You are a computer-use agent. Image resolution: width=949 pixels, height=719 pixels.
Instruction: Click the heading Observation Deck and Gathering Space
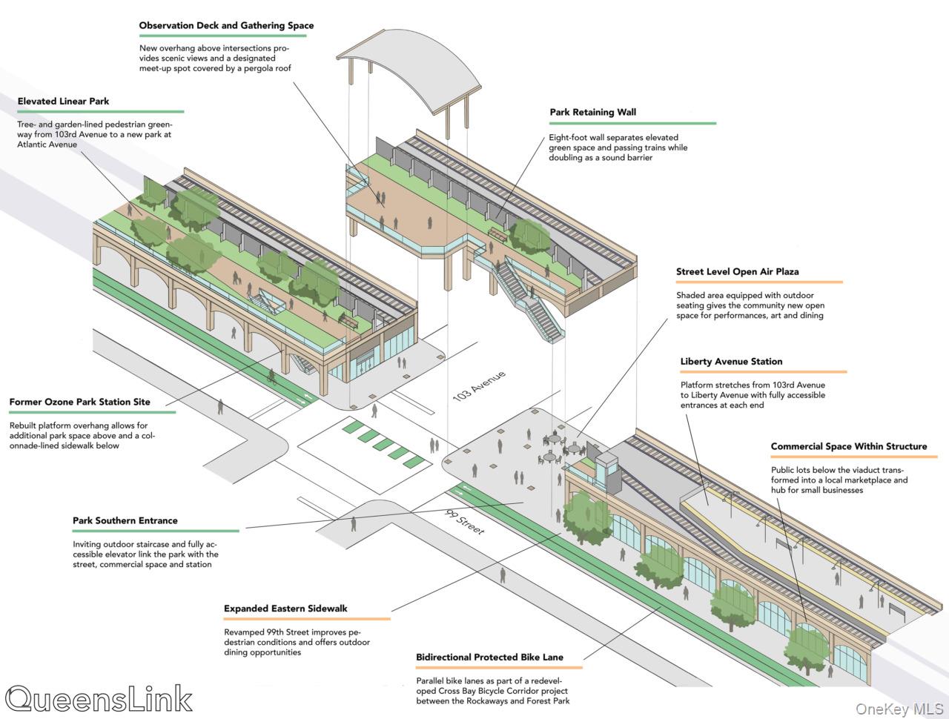(226, 25)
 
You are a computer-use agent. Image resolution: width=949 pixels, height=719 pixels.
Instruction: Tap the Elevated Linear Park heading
(63, 101)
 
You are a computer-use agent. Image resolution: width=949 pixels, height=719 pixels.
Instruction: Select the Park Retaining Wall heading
(592, 112)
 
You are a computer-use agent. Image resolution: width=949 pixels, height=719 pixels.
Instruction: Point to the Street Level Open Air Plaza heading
(737, 271)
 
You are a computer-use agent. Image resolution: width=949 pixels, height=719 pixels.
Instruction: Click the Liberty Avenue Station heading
(731, 361)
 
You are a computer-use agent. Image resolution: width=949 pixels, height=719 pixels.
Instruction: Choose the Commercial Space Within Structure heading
(848, 446)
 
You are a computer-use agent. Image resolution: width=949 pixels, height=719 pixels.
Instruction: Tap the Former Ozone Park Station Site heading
(79, 402)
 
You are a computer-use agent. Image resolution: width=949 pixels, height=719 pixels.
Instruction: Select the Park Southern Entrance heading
(125, 520)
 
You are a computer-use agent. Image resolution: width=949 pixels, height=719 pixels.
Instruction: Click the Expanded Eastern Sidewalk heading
(285, 609)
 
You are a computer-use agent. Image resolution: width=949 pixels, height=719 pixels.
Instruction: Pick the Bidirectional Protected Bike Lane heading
(489, 657)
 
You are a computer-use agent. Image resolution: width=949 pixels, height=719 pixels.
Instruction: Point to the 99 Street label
(465, 521)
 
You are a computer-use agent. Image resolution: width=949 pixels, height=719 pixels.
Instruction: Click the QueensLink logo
(98, 699)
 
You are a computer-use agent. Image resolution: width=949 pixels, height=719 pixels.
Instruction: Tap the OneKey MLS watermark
(898, 709)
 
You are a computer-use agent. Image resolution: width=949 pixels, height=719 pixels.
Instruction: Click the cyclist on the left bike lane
(272, 378)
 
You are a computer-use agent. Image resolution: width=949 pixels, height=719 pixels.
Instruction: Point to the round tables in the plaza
(560, 449)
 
